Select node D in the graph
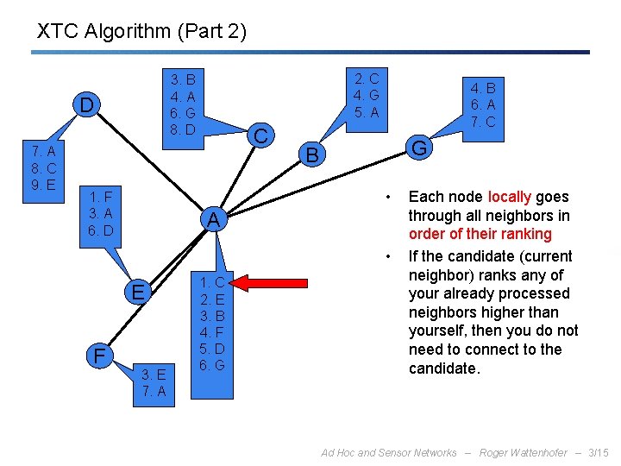click(86, 105)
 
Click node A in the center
click(212, 220)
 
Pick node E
click(137, 293)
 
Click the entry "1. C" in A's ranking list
click(212, 282)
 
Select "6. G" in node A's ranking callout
click(212, 365)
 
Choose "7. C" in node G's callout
click(482, 122)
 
